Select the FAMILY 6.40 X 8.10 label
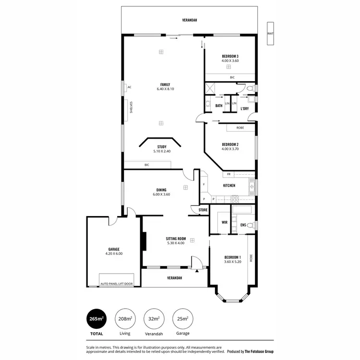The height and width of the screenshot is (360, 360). click(165, 87)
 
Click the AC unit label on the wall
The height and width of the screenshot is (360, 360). click(129, 87)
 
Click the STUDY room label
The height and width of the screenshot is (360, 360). click(162, 149)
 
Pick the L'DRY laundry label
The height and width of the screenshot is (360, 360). click(244, 109)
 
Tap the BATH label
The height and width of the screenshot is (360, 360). click(218, 106)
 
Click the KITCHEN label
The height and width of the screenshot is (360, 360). click(229, 185)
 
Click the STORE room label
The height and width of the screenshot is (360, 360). click(203, 210)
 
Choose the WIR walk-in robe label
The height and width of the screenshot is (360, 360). click(224, 222)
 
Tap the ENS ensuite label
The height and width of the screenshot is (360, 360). click(243, 224)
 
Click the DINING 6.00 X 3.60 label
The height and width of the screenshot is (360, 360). click(162, 192)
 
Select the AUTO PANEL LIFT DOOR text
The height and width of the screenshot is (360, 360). click(117, 284)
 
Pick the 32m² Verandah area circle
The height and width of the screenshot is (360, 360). click(154, 319)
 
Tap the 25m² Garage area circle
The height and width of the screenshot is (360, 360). click(182, 319)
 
